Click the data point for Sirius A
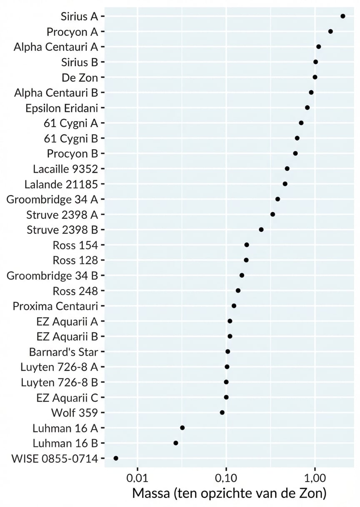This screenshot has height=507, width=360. [x=342, y=16]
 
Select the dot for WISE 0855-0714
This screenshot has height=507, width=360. [x=116, y=458]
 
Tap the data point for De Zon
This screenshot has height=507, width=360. [x=315, y=77]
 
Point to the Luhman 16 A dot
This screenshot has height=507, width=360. [x=182, y=428]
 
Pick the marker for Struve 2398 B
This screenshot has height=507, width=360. [x=261, y=230]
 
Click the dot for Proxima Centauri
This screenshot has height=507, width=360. [x=234, y=306]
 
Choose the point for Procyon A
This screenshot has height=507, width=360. [x=330, y=31]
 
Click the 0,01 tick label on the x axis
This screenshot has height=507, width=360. [x=137, y=475]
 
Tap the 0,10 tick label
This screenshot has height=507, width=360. [x=226, y=475]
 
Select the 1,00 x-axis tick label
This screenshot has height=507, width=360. [x=315, y=475]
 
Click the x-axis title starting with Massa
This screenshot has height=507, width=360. [x=229, y=493]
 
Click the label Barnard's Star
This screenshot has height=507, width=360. [x=63, y=352]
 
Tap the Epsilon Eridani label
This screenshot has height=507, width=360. [x=61, y=108]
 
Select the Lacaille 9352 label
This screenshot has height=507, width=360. [x=65, y=169]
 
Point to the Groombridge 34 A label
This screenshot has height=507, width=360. [x=52, y=199]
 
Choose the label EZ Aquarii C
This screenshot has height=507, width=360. [x=67, y=397]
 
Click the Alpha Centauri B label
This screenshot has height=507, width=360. [x=55, y=93]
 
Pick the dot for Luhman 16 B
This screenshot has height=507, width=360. [x=176, y=443]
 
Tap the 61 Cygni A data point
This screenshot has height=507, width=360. [x=301, y=123]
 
